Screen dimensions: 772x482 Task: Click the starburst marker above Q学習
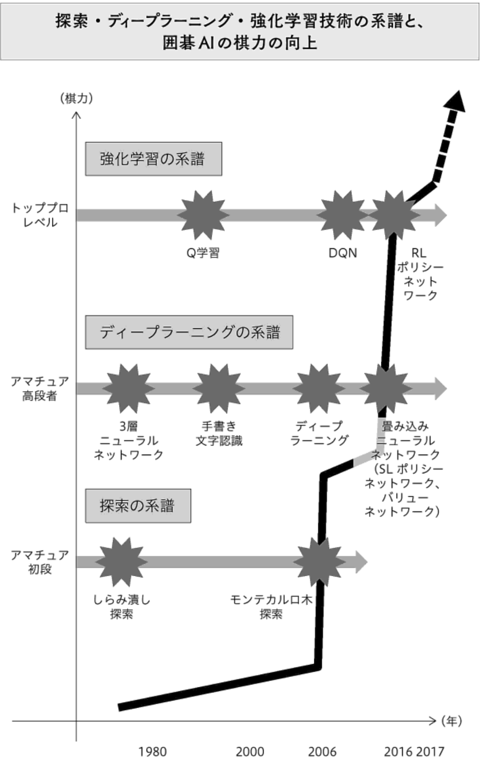[203, 215]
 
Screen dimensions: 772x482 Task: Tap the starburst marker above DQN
[342, 215]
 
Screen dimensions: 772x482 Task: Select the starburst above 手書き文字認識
[219, 388]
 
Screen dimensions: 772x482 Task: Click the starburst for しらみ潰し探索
[121, 562]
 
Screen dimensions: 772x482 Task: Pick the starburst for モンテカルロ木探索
[319, 562]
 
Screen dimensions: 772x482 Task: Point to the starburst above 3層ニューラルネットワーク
[129, 388]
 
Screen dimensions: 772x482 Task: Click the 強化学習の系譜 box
[153, 159]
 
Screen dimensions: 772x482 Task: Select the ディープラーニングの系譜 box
[189, 333]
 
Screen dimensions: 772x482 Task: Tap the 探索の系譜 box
[138, 506]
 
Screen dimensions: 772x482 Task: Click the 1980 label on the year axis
[152, 752]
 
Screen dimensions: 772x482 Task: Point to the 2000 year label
[250, 752]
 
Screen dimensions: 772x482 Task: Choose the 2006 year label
[322, 752]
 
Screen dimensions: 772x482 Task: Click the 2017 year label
[430, 752]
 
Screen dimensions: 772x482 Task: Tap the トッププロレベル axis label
[40, 215]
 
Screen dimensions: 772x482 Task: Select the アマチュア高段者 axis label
[40, 388]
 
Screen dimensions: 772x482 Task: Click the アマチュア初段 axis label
[40, 562]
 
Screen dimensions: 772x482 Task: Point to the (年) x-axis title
[451, 721]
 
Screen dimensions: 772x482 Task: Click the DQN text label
[343, 253]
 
